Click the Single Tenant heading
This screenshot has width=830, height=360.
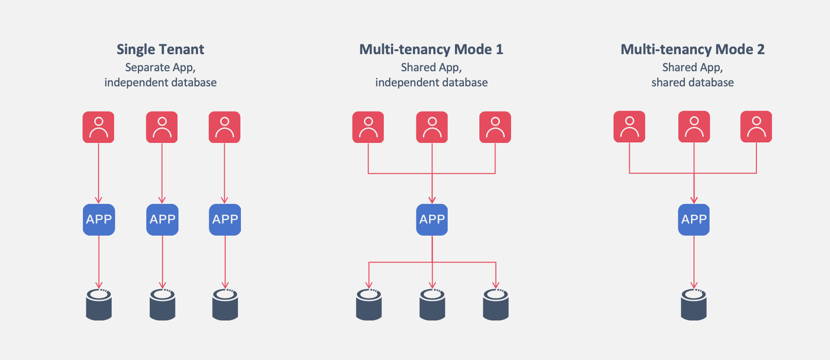pyautogui.click(x=160, y=49)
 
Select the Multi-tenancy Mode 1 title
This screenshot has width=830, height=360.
pyautogui.click(x=431, y=49)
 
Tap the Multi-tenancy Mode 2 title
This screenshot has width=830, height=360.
pyautogui.click(x=692, y=49)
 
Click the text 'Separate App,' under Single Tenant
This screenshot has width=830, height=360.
pyautogui.click(x=160, y=67)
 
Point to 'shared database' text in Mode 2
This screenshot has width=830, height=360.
pyautogui.click(x=692, y=82)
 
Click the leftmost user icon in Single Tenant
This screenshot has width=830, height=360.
pyautogui.click(x=99, y=127)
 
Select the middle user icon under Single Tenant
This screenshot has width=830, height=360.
pyautogui.click(x=162, y=127)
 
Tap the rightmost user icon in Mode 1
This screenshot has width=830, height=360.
pyautogui.click(x=495, y=127)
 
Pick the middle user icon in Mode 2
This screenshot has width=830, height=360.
pyautogui.click(x=694, y=127)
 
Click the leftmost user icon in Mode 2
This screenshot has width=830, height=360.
pyautogui.click(x=629, y=127)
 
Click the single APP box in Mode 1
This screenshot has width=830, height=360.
pyautogui.click(x=432, y=220)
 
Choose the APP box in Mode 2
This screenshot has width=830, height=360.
pyautogui.click(x=694, y=220)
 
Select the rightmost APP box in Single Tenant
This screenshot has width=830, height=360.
pyautogui.click(x=225, y=220)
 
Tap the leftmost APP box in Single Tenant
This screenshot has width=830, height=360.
pyautogui.click(x=99, y=220)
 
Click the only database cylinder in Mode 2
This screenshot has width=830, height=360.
pyautogui.click(x=694, y=305)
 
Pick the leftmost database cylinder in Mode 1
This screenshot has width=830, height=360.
pyautogui.click(x=369, y=305)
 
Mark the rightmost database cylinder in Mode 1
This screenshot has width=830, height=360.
pyautogui.click(x=495, y=305)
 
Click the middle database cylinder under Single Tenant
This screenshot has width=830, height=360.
pyautogui.click(x=162, y=305)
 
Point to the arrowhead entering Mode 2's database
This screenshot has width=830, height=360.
pyautogui.click(x=694, y=285)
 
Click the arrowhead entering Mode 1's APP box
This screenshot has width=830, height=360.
pyautogui.click(x=432, y=200)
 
